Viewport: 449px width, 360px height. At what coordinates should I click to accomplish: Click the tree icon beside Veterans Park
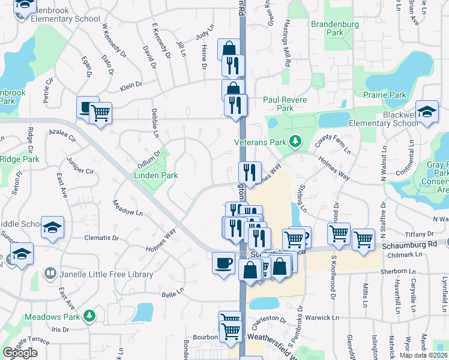295,142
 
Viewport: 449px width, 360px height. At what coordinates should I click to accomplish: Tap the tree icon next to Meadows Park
89,315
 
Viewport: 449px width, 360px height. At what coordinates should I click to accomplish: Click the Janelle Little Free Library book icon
51,274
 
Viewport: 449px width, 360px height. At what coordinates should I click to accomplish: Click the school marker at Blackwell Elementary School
427,112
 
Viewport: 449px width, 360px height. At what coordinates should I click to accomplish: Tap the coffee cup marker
224,263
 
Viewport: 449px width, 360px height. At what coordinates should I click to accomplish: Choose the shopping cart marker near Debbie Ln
100,112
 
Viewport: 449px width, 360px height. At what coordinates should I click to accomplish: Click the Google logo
20,353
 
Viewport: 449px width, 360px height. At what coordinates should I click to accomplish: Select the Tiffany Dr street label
421,234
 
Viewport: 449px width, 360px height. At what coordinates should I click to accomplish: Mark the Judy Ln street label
205,32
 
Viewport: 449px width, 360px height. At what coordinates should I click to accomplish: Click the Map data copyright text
423,355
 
